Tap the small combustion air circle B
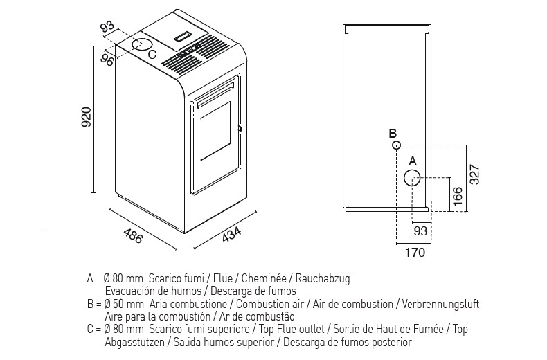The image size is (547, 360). (x=396, y=145)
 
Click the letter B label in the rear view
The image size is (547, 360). (x=392, y=133)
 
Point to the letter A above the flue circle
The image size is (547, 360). (x=413, y=161)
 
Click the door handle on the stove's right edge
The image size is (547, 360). (x=240, y=128)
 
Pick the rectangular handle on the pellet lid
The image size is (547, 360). (x=184, y=34)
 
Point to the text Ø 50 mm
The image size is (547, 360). (x=125, y=304)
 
